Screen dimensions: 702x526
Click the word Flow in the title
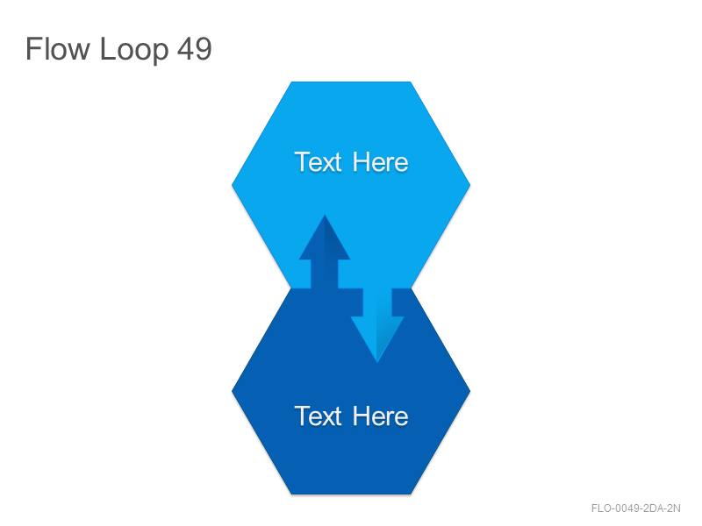[57, 49]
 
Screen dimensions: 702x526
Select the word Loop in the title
[134, 50]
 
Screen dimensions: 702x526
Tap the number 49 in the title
[194, 49]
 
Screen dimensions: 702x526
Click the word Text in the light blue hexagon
[318, 162]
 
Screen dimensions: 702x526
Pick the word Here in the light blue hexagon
[380, 162]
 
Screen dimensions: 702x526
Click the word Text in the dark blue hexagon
[318, 416]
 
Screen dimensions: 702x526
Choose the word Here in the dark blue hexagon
[380, 416]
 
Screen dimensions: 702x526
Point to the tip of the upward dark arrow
[325, 216]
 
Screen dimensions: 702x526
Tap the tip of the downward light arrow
[377, 362]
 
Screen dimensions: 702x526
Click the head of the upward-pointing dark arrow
[325, 242]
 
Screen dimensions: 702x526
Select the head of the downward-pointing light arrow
[377, 336]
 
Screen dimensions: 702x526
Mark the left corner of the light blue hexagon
[232, 185]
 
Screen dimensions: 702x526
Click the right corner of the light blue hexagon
[470, 185]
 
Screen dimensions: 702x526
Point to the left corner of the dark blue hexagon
[232, 391]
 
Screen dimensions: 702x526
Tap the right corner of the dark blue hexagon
[470, 391]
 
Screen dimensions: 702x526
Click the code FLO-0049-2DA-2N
[635, 508]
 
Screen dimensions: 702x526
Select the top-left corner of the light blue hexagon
[291, 82]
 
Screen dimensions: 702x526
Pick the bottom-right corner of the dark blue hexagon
[411, 494]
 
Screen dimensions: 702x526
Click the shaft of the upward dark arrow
[325, 274]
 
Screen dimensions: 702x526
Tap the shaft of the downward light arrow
[377, 302]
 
